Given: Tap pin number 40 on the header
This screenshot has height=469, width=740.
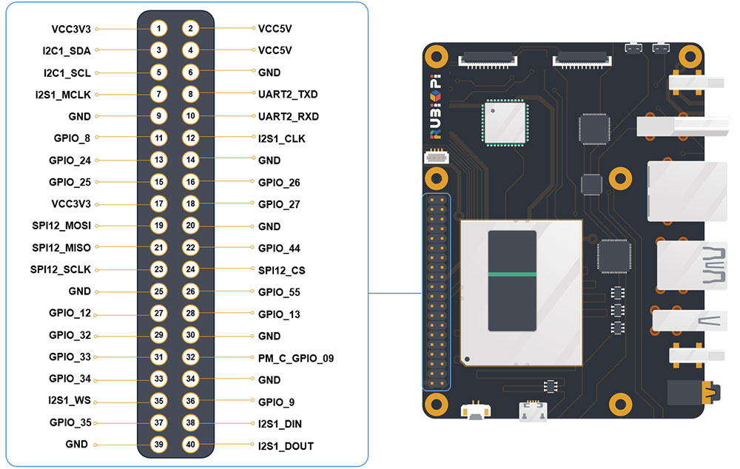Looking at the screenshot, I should (x=191, y=445).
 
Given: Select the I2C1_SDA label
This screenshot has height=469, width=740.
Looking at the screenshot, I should (x=67, y=51).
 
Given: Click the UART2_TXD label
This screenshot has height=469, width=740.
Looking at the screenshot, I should (x=288, y=95).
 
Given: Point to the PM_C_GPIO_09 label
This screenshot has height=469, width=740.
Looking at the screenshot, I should (x=296, y=358).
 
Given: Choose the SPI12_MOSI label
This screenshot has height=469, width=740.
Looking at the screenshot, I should (x=61, y=226).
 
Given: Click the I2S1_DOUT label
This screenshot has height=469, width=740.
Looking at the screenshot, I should (x=286, y=446).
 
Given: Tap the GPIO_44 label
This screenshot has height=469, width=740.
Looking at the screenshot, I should (x=279, y=249).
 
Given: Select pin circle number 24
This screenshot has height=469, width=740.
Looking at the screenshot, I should (x=191, y=270).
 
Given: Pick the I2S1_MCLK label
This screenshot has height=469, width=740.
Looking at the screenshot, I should (x=62, y=95).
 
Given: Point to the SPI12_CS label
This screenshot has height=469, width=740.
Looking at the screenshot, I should (x=281, y=270).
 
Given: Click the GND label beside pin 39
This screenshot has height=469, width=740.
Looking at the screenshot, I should (x=78, y=445).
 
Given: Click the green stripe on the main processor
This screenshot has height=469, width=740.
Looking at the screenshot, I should (x=512, y=274).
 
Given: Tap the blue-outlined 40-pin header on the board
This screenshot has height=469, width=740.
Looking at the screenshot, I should (x=437, y=291).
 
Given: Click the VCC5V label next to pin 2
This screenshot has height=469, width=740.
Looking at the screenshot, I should (x=275, y=29).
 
